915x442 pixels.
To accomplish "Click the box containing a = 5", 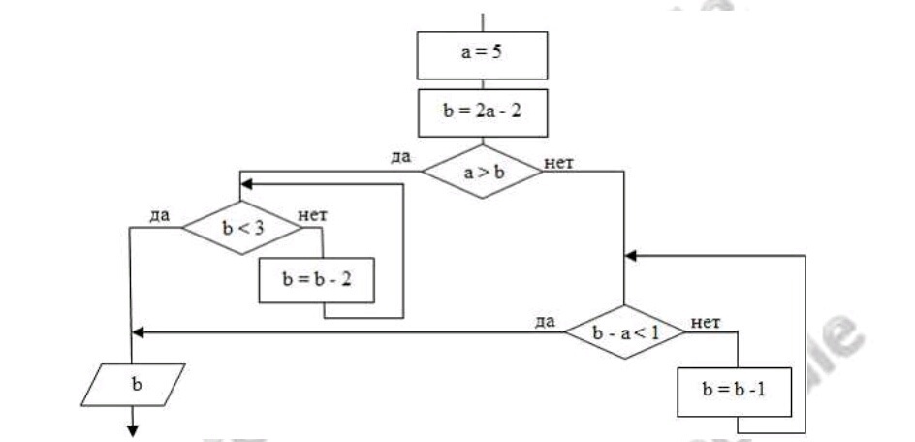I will [482, 55].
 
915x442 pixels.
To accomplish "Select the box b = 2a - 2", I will [482, 112].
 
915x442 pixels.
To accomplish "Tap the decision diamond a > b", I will [482, 173].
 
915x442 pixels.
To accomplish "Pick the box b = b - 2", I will [316, 279].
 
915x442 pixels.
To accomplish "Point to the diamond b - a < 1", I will [624, 332].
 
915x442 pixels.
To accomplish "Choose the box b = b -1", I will [737, 392].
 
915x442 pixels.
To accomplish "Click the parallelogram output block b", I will [136, 384].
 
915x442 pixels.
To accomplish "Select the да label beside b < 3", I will [161, 215].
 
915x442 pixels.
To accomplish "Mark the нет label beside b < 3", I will [312, 215].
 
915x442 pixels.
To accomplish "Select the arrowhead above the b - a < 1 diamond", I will [631, 256].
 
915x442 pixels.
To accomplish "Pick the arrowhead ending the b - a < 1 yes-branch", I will [137, 332].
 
